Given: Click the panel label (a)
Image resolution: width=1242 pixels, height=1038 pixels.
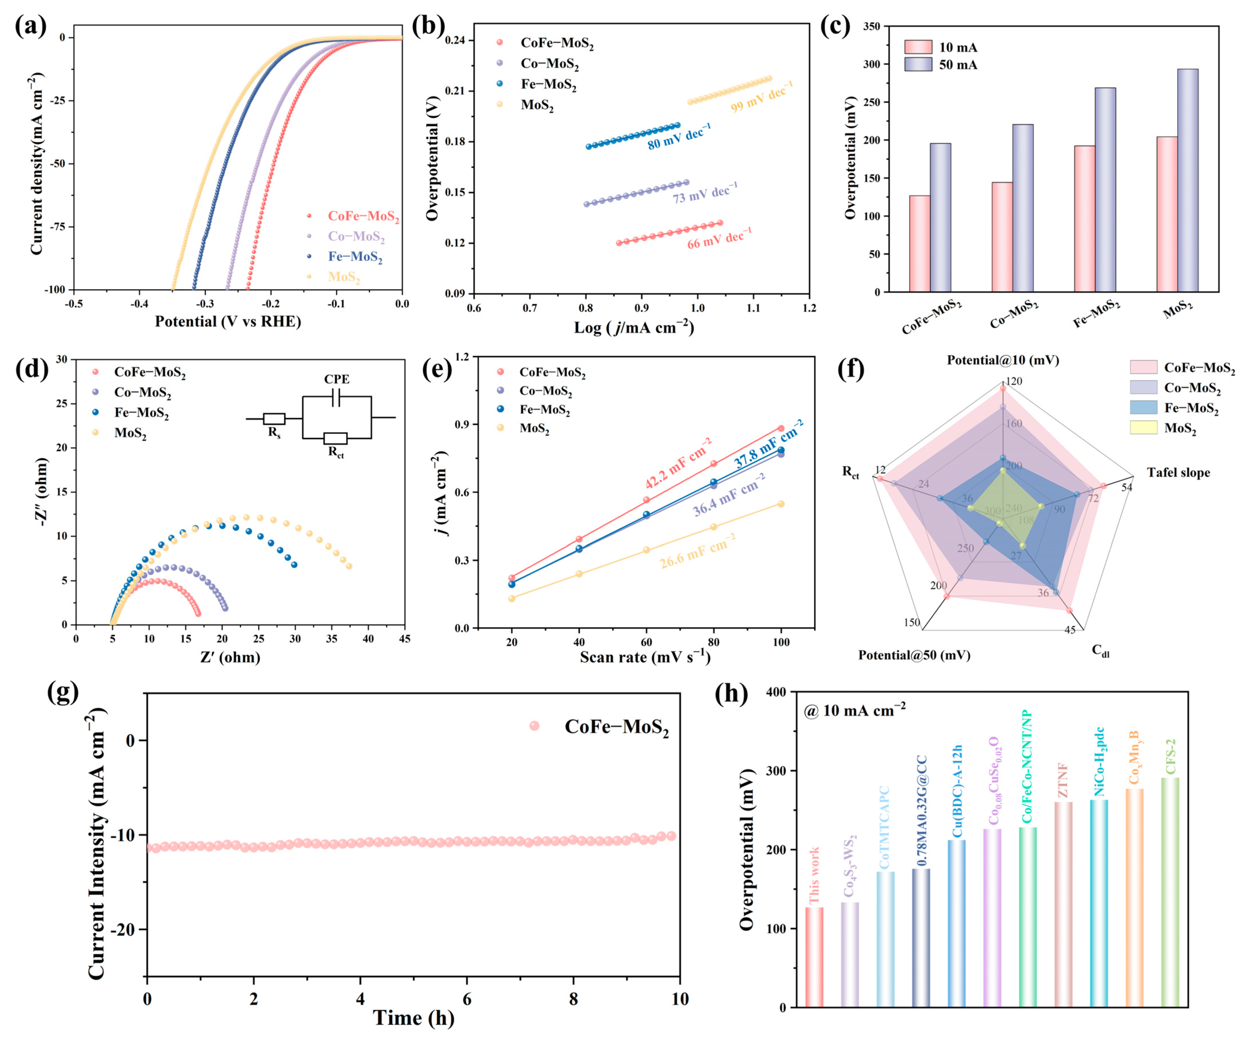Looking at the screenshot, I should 31,27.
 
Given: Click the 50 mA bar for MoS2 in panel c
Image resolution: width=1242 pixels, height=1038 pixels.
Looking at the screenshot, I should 1188,180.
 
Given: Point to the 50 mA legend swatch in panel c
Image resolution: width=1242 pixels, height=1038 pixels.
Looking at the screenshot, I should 918,64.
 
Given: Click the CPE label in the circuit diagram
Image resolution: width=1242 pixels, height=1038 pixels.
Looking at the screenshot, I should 337,379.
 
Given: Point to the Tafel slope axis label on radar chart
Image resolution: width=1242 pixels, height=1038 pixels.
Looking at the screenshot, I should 1178,472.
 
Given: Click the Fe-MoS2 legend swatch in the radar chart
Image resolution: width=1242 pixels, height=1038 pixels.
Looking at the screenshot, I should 1143,408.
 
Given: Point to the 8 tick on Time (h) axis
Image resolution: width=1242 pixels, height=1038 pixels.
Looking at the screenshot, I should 573,999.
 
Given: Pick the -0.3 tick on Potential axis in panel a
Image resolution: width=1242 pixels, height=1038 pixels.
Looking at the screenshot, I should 205,304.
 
